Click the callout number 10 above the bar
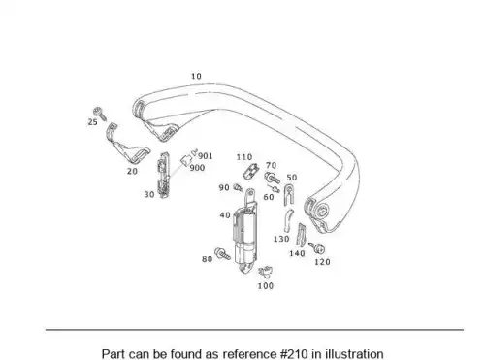coord(196,76)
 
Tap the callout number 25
coord(93,122)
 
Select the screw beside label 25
coord(100,114)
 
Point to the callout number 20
coord(132,171)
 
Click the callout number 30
coord(149,194)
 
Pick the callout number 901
coord(206,156)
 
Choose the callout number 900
coord(197,168)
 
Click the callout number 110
coord(244,157)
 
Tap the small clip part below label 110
coord(251,172)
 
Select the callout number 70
coord(271,166)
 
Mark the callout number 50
coord(292,178)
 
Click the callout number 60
coord(269,197)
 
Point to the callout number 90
coord(224,187)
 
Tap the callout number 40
coord(225,215)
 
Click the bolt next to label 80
coord(222,253)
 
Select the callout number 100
coord(266,286)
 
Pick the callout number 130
coord(281,239)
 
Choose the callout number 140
coord(297,253)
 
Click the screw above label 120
coord(316,248)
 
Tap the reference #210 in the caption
coord(294,353)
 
